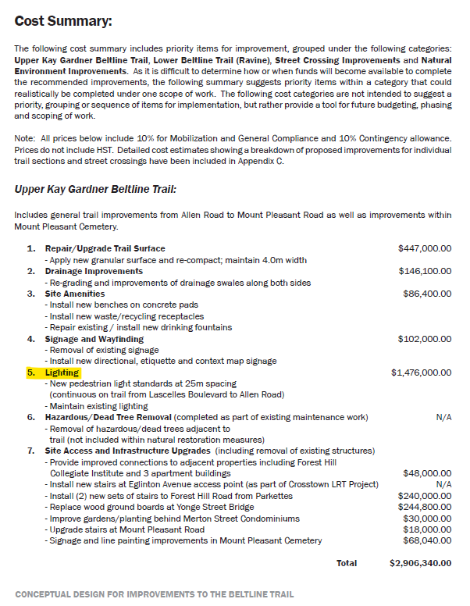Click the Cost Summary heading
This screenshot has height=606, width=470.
coord(63,20)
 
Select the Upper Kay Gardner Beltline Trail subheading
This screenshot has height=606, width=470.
coord(95,189)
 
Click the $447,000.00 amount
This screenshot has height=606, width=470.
coord(424,249)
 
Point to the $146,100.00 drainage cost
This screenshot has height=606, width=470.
coord(424,272)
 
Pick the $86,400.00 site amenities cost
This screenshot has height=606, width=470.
coord(426,294)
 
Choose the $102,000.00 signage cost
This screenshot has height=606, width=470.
coord(424,340)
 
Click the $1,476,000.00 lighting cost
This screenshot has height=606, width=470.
coord(421,373)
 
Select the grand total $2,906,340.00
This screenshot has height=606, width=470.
coord(419,563)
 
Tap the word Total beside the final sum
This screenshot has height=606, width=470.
coord(346,563)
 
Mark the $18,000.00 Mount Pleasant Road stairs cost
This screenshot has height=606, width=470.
coord(426,529)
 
